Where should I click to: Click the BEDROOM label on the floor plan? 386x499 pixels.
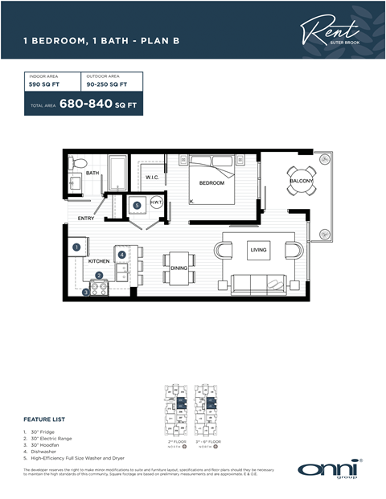point(211,183)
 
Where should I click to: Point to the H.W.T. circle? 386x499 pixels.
point(156,203)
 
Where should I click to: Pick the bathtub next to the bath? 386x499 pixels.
point(117,171)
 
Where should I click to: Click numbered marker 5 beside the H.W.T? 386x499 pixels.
point(137,205)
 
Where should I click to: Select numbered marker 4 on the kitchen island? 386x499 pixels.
point(121,255)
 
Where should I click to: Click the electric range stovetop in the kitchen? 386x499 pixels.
point(101,288)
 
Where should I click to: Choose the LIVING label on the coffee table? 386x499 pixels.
point(258,250)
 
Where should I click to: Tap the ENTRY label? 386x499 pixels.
point(86,219)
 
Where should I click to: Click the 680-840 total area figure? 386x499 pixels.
point(85,105)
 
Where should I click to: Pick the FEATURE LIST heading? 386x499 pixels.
point(44,419)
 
